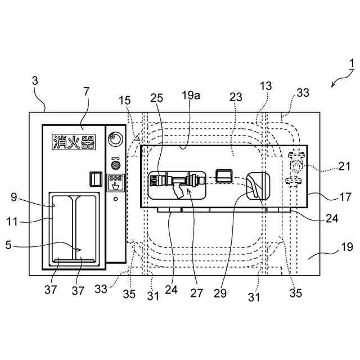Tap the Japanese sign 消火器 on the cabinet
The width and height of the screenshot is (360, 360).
[x=73, y=141]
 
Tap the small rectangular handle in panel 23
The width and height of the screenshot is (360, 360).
[x=225, y=175]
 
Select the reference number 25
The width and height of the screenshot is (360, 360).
[x=157, y=97]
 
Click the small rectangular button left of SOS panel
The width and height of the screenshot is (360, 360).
[x=95, y=179]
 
